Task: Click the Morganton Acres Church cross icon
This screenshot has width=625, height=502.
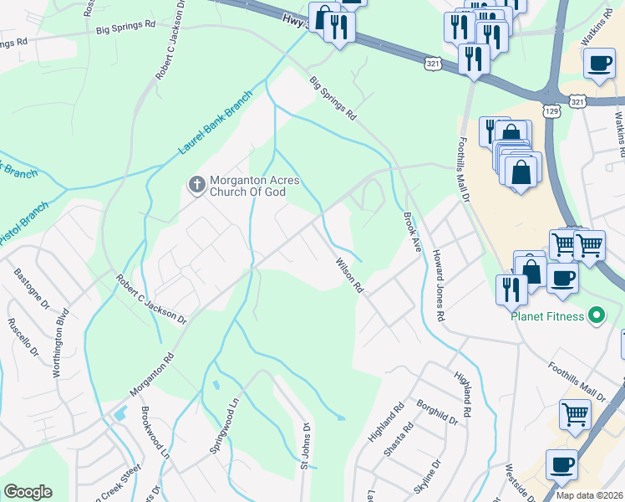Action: (x=196, y=184)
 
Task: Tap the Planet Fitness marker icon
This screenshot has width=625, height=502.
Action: (x=596, y=315)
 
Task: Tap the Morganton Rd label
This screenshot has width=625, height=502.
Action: (x=151, y=374)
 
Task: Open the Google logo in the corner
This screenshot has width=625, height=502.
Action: (x=28, y=492)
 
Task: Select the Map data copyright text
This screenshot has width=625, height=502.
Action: (x=589, y=495)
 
